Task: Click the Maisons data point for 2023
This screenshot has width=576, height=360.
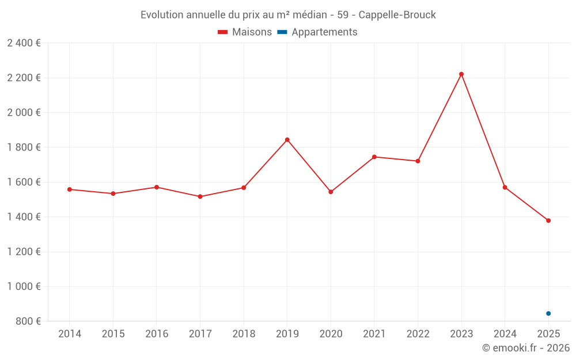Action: (461, 74)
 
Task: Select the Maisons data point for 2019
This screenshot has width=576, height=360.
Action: (287, 140)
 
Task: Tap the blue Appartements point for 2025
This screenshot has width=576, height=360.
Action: (548, 313)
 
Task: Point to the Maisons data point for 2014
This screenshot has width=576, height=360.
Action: (70, 190)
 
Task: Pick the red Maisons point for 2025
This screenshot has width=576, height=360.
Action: (548, 221)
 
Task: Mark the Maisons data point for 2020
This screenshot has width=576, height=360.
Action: (331, 192)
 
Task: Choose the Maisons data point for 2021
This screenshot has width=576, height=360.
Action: (374, 157)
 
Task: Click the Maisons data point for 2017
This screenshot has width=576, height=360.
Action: (200, 196)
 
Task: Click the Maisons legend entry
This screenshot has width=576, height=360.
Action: (245, 32)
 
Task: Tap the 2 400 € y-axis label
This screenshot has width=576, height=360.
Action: (24, 43)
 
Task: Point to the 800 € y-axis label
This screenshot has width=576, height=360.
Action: (28, 321)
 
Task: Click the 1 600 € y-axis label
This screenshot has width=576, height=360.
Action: (24, 182)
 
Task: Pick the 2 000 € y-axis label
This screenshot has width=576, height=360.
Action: (24, 113)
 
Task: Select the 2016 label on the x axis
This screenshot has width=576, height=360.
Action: (157, 334)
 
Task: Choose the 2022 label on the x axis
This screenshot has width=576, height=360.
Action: (418, 334)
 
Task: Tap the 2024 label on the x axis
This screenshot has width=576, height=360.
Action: (505, 334)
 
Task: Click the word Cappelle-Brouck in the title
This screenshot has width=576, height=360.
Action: (397, 15)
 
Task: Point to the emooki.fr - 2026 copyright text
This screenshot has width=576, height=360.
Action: (526, 348)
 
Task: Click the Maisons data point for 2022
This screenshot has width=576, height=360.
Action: (418, 161)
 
